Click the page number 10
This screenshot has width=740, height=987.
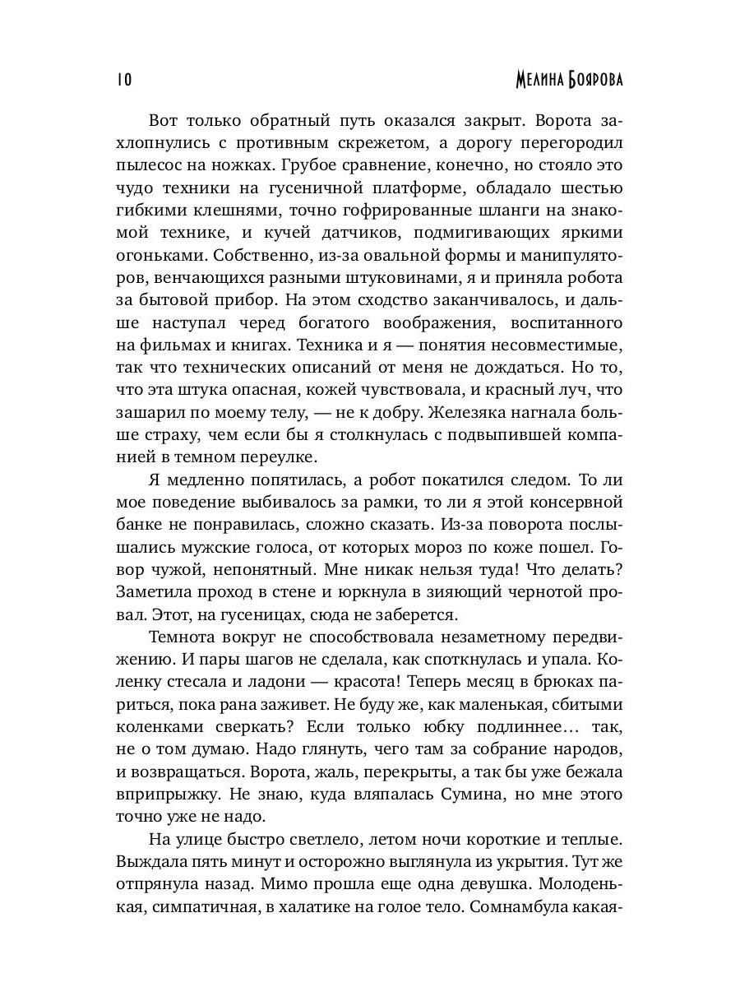point(124,80)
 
